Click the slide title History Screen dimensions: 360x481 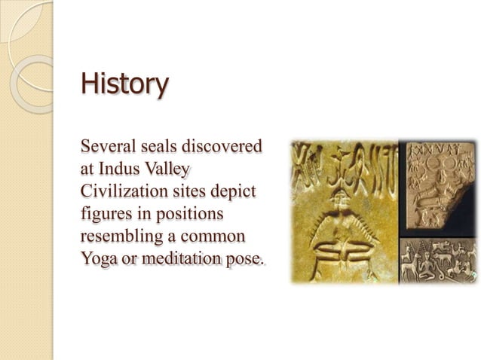click(x=124, y=83)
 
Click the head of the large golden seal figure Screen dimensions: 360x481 click(x=339, y=197)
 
